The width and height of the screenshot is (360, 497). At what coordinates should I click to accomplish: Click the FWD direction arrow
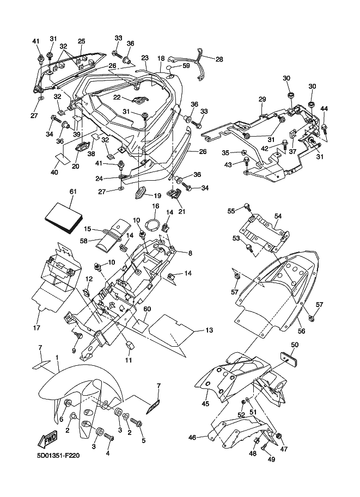pos(48,439)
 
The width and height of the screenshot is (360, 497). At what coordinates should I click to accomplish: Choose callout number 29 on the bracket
pos(262,99)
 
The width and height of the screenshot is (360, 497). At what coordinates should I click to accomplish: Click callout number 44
pos(324,109)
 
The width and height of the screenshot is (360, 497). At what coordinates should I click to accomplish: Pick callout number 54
pos(278,216)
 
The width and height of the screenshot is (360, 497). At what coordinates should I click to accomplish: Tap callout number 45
pos(205,404)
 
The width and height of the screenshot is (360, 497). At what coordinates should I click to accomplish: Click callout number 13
pos(209,330)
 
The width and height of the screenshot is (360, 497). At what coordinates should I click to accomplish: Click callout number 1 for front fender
pos(57,358)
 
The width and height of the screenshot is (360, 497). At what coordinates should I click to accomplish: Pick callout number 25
pos(81,41)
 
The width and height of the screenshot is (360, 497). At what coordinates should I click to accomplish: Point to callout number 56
pos(300,330)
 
